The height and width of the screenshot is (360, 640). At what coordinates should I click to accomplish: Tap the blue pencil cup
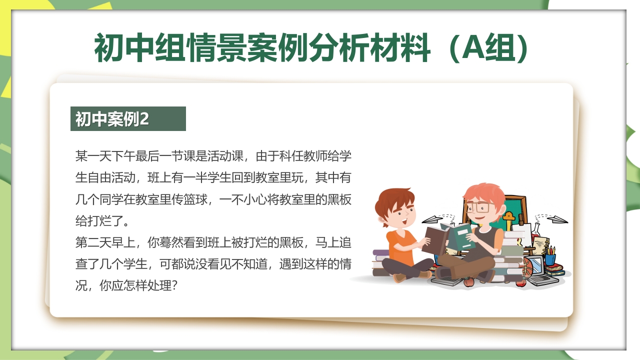point(550,259)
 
